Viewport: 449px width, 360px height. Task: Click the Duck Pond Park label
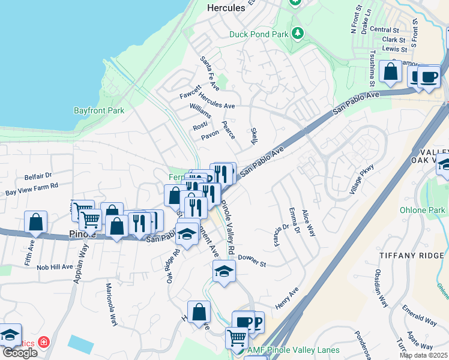pyautogui.click(x=259, y=34)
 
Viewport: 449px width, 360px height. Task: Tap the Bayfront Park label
pyautogui.click(x=99, y=110)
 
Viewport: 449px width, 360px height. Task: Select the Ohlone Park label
pyautogui.click(x=423, y=211)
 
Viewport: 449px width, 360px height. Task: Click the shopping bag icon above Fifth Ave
pyautogui.click(x=36, y=221)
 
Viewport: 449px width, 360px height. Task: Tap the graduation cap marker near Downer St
pyautogui.click(x=224, y=271)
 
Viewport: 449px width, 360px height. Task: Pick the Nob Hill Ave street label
pyautogui.click(x=54, y=266)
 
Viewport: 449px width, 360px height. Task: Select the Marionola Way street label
pyautogui.click(x=110, y=304)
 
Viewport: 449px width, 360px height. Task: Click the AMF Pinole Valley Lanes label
pyautogui.click(x=293, y=350)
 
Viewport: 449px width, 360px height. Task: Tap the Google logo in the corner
pyautogui.click(x=19, y=353)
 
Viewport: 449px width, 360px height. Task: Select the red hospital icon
pyautogui.click(x=43, y=342)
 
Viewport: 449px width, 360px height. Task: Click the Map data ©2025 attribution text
pyautogui.click(x=423, y=355)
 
